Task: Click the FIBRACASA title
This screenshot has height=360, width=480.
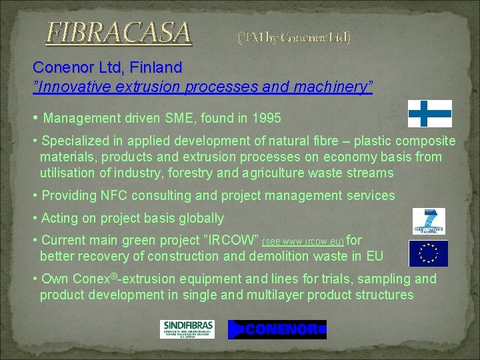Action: pyautogui.click(x=119, y=31)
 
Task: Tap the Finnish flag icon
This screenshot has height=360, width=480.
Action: pyautogui.click(x=429, y=113)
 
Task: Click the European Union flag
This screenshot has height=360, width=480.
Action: pyautogui.click(x=428, y=253)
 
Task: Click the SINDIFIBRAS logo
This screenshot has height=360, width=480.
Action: pyautogui.click(x=187, y=329)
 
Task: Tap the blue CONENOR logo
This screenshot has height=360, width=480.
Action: pyautogui.click(x=277, y=329)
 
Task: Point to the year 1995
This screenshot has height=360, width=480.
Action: pyautogui.click(x=267, y=119)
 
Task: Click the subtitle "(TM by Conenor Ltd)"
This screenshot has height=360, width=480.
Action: pyautogui.click(x=294, y=37)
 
